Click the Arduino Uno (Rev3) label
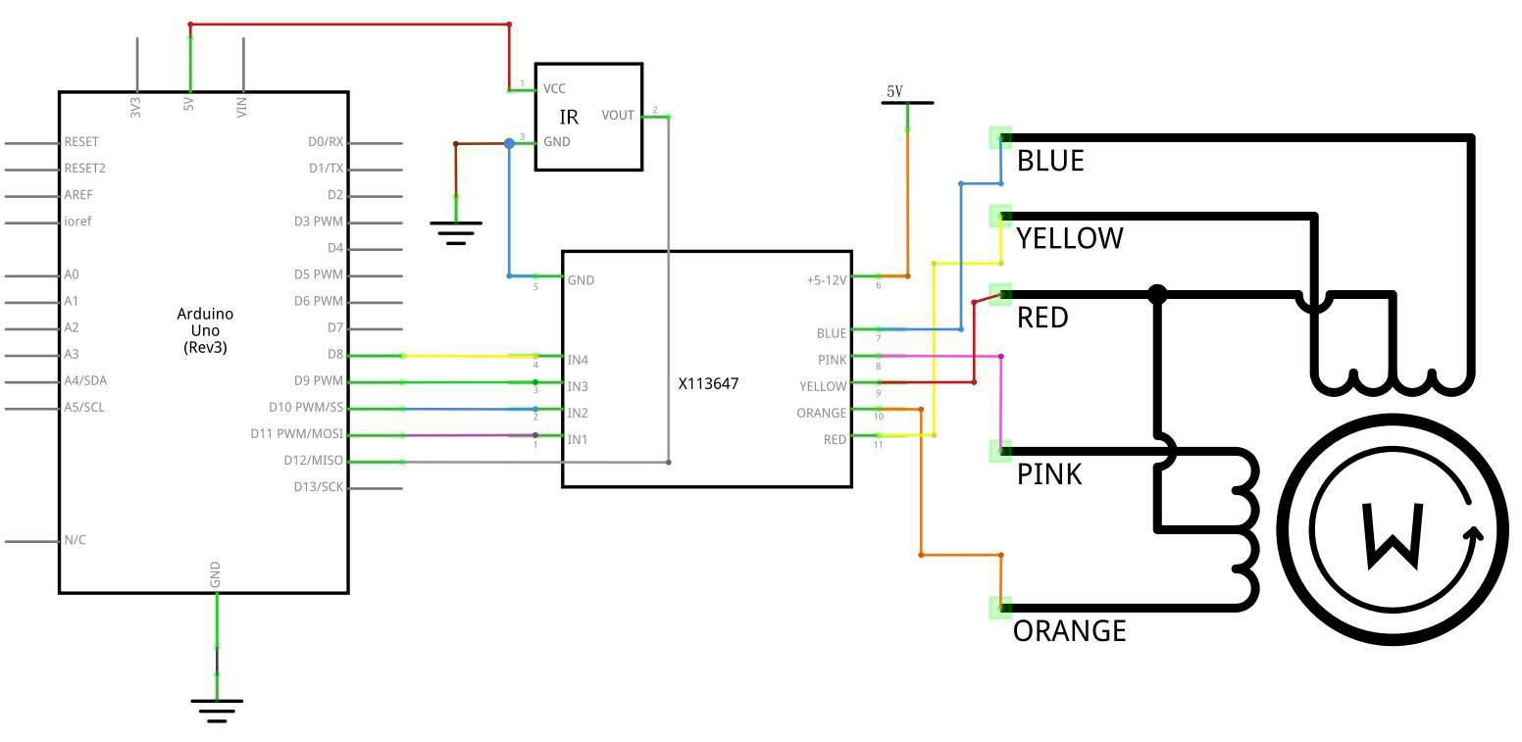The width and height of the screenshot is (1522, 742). (x=205, y=330)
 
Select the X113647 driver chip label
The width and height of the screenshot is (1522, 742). (x=708, y=383)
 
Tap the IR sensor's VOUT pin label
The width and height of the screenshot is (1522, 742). (x=618, y=116)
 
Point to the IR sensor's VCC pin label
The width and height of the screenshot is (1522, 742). (x=554, y=89)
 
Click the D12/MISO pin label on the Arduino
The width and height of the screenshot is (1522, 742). (x=313, y=461)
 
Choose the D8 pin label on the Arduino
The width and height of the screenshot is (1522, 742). (x=335, y=355)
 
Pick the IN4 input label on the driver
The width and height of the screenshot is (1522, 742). (x=578, y=360)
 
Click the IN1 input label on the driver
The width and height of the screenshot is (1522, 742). (x=578, y=439)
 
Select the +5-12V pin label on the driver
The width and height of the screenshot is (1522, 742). (x=827, y=279)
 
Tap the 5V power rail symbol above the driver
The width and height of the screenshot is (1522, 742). (x=907, y=102)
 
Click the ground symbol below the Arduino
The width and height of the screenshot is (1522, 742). (x=217, y=710)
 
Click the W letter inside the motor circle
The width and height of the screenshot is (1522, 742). (x=1393, y=535)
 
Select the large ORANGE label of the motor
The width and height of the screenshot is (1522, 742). (x=1070, y=631)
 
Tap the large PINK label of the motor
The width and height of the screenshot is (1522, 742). (x=1049, y=474)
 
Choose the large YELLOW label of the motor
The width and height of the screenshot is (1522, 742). (x=1070, y=238)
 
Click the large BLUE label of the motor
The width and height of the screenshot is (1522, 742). (x=1050, y=161)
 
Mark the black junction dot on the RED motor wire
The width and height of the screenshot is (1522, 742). (x=1157, y=295)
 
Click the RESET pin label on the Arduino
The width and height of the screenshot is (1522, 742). (x=81, y=142)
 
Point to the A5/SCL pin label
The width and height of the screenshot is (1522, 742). (x=84, y=408)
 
